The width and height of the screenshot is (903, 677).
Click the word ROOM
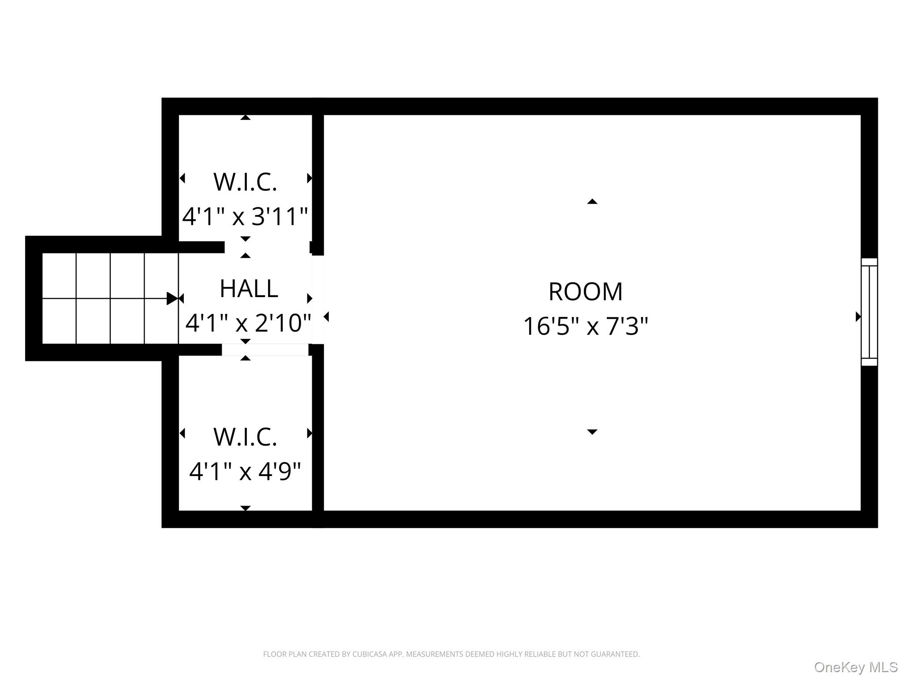(586, 292)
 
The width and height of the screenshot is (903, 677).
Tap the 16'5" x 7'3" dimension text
(586, 326)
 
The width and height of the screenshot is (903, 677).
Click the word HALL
(249, 289)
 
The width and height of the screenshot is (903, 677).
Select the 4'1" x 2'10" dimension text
(248, 323)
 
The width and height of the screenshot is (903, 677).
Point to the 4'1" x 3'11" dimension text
(245, 216)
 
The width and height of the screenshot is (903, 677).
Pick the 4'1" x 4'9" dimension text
(245, 471)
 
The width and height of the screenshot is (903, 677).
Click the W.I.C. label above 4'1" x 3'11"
(245, 182)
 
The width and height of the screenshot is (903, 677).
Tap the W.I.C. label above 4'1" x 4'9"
(245, 437)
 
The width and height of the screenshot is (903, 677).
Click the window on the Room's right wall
(869, 312)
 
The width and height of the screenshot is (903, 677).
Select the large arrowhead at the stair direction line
(172, 298)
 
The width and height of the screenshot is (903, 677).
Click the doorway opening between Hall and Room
(318, 300)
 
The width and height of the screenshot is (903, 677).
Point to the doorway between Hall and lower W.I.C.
(265, 350)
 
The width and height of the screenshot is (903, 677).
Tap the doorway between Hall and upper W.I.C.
(267, 247)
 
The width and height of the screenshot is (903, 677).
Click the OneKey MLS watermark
(856, 667)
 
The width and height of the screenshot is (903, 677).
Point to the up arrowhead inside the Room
(592, 201)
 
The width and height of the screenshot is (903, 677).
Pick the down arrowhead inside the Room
(592, 432)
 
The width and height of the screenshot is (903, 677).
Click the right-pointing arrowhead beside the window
(858, 316)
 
